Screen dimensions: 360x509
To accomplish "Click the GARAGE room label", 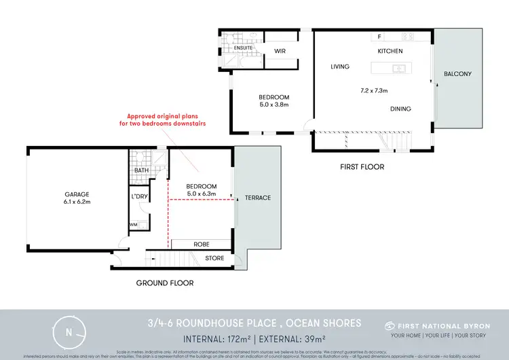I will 77,194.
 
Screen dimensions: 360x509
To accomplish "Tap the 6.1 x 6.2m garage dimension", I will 77,202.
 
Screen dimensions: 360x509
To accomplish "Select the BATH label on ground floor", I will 141,170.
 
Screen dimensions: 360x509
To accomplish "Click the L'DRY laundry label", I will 139,197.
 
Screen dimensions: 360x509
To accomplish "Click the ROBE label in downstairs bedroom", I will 201,244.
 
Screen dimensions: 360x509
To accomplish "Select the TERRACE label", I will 258,198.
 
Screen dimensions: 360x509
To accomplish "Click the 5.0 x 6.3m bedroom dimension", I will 202,194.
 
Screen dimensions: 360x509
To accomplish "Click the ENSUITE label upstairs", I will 243,49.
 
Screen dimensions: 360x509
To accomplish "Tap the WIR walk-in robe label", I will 280,51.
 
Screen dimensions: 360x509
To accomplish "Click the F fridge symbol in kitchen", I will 379,37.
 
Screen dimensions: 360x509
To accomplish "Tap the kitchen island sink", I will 398,68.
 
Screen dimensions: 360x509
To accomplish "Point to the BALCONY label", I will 457,73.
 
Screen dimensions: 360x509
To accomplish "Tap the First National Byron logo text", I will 437,325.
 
